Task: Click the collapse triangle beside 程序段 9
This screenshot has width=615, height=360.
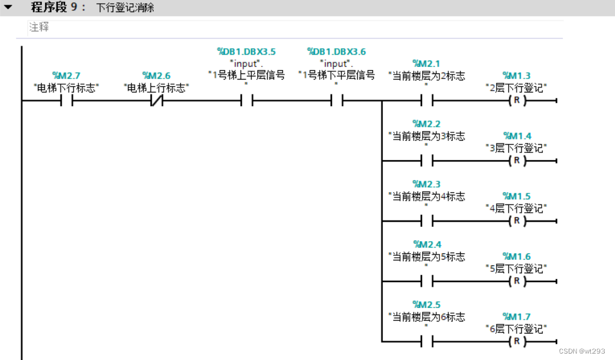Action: (x=8, y=8)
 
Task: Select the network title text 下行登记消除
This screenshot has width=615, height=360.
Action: (x=125, y=8)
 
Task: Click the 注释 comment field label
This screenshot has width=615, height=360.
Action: (x=39, y=28)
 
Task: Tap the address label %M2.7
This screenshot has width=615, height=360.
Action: (x=66, y=76)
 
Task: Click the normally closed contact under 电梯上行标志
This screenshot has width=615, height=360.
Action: (x=156, y=101)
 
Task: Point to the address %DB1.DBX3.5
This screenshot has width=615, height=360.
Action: (x=246, y=51)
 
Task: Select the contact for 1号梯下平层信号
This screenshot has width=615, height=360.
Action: (x=336, y=101)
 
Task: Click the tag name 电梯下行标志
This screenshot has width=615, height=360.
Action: (x=66, y=87)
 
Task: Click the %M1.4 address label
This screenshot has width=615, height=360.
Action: (x=517, y=136)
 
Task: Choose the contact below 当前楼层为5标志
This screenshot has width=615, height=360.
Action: (x=427, y=282)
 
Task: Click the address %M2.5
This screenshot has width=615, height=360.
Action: (x=427, y=305)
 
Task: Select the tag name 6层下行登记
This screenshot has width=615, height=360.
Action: (x=517, y=328)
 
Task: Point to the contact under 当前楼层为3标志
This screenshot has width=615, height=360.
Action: (x=427, y=161)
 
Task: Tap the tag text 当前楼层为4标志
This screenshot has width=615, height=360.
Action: (x=428, y=196)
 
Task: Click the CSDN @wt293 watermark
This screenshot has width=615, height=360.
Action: (x=582, y=351)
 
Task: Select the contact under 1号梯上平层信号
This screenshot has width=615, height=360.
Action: (x=246, y=101)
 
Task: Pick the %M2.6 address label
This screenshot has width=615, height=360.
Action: (x=156, y=76)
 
